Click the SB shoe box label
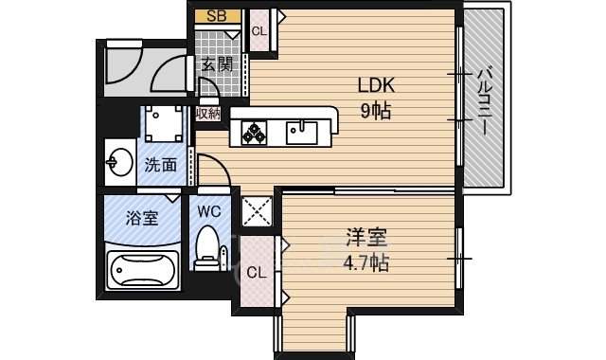[x=216, y=16]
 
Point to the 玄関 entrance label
[x=217, y=64]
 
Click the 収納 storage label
[x=208, y=113]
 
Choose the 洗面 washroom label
[x=160, y=164]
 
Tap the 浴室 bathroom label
[x=143, y=216]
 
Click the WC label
[x=208, y=211]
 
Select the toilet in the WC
[x=206, y=248]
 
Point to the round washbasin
[x=118, y=163]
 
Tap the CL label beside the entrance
[x=258, y=30]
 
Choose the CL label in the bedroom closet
[x=255, y=273]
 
